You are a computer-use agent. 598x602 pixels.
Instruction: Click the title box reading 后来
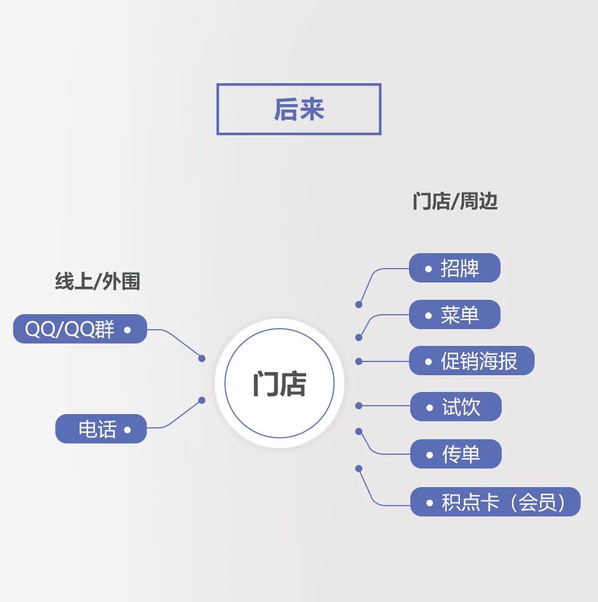(x=298, y=109)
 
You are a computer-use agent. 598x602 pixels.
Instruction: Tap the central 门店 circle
(x=279, y=383)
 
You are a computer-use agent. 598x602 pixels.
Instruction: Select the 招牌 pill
(x=454, y=268)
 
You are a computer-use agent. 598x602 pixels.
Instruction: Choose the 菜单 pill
(x=454, y=315)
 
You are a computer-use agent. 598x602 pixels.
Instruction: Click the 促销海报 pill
(x=471, y=361)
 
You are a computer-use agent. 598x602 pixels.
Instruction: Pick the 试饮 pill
(x=456, y=408)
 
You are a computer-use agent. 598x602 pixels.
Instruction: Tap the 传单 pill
(x=456, y=454)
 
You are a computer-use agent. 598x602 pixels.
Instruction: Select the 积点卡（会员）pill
(x=495, y=502)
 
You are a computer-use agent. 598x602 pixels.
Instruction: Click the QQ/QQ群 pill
(x=80, y=329)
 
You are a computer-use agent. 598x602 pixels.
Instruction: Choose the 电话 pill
(x=100, y=429)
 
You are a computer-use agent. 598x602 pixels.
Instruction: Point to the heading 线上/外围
(x=97, y=281)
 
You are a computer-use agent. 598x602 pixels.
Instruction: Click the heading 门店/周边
(x=454, y=202)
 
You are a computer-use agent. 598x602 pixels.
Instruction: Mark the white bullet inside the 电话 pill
(x=127, y=430)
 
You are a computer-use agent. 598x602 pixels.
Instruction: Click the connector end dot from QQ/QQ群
(x=202, y=358)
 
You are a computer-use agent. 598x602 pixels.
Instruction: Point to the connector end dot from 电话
(x=202, y=400)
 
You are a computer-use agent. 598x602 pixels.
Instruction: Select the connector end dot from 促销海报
(x=359, y=361)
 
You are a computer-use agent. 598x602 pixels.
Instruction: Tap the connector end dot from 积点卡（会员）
(x=359, y=468)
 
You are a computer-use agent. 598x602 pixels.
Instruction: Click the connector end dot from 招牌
(x=359, y=305)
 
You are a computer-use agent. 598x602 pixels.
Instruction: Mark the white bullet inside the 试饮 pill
(x=429, y=408)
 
